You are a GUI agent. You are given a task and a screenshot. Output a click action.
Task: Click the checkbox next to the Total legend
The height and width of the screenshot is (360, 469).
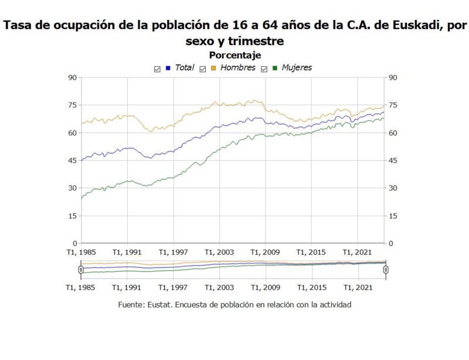pos(157,69)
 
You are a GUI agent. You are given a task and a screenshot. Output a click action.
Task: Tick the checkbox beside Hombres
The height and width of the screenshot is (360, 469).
pos(203,69)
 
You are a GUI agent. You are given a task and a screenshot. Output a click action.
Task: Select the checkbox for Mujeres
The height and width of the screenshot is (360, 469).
pos(264,69)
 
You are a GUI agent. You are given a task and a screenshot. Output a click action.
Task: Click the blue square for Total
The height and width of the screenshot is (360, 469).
pos(168,68)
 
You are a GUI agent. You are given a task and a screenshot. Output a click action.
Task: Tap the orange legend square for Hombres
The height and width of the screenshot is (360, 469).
pos(214,68)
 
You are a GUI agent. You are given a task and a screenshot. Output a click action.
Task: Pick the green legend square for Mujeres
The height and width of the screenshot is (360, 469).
pos(275,68)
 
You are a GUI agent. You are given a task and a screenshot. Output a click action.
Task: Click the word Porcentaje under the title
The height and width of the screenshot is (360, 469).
pos(235,55)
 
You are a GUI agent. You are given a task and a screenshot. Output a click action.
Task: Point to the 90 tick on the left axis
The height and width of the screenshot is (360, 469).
pos(72,77)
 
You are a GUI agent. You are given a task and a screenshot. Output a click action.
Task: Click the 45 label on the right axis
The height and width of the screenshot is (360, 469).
pos(393,161)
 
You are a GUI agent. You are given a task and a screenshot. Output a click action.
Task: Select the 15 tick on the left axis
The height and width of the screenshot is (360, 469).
pos(72,216)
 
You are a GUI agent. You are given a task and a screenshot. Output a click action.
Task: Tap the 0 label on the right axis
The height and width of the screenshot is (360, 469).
pos(391,243)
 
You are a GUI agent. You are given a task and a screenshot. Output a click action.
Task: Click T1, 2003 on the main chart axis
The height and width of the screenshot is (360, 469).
pos(220,252)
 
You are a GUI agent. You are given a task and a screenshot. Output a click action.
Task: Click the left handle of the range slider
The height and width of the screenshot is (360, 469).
pos(81,270)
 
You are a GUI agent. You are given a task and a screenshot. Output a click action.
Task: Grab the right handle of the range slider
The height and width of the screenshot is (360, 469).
pos(386,270)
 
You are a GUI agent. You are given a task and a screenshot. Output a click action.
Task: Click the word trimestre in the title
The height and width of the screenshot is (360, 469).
pos(257,41)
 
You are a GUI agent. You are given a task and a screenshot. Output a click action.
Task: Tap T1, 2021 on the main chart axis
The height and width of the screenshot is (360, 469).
pos(358,252)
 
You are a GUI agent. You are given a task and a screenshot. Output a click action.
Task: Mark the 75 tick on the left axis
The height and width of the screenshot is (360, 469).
pos(72,106)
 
